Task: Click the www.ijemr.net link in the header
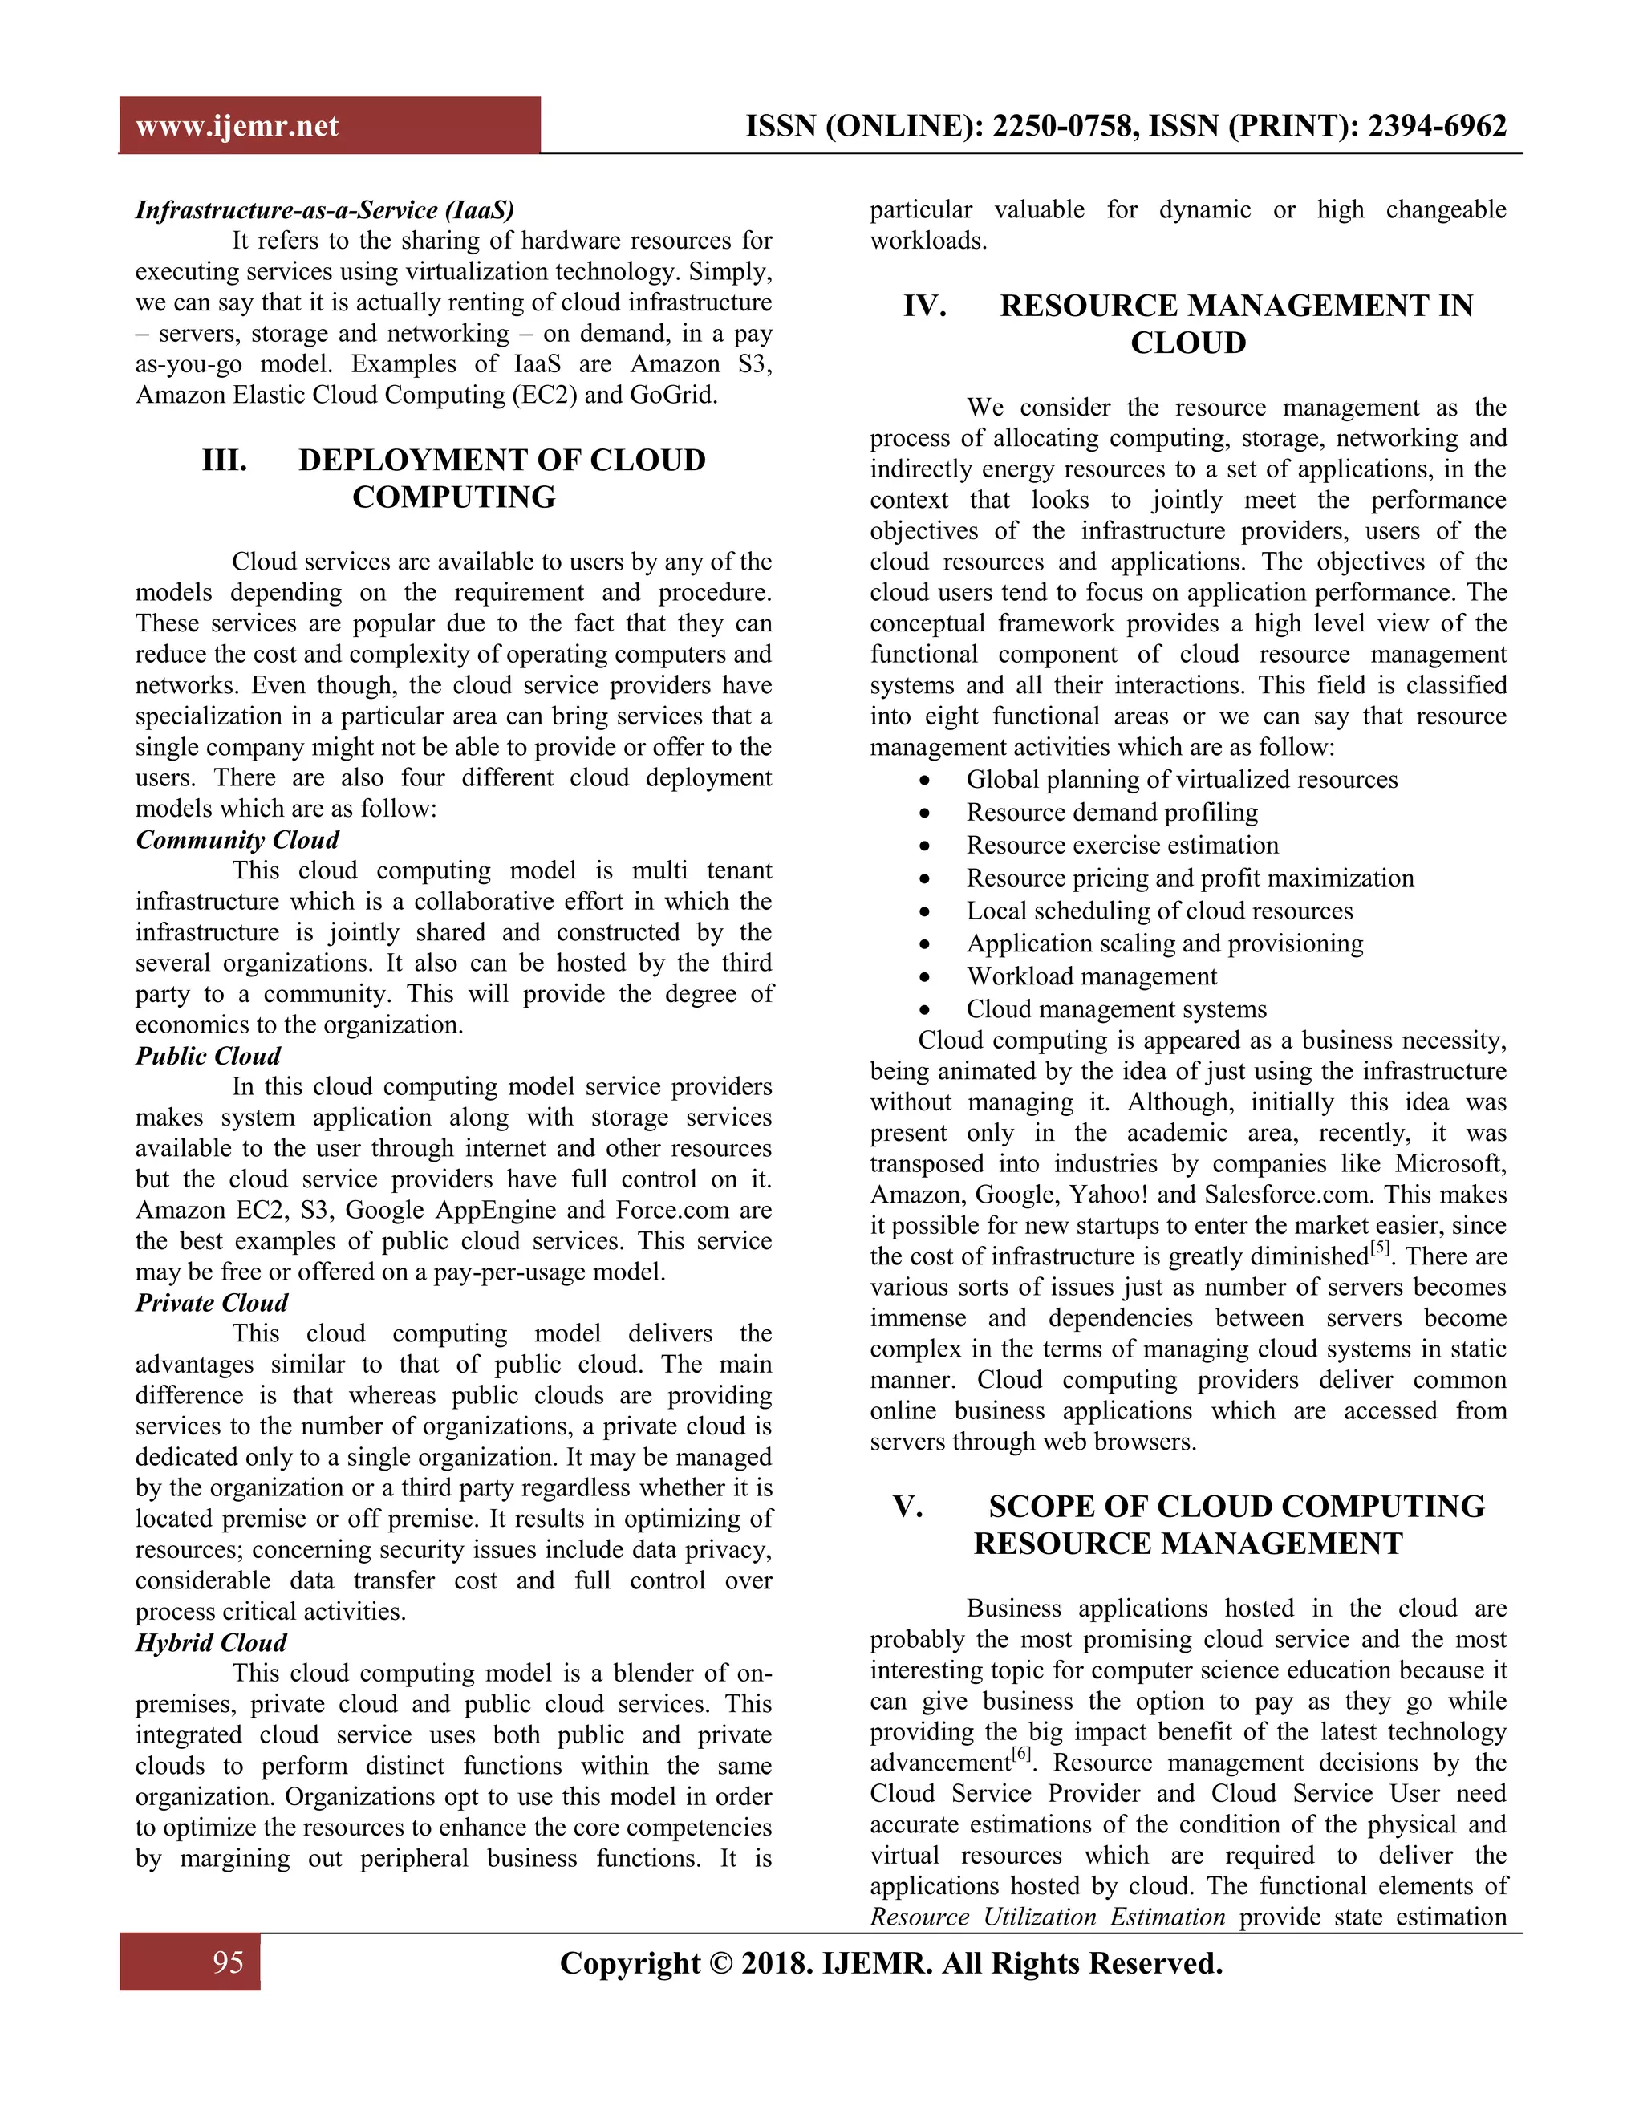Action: pyautogui.click(x=237, y=126)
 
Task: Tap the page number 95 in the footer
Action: pyautogui.click(x=228, y=1962)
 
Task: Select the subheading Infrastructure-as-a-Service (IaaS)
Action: pyautogui.click(x=324, y=209)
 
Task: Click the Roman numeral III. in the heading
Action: pyautogui.click(x=225, y=460)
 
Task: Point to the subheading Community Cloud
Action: pyautogui.click(x=237, y=839)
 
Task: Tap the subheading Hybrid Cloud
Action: pyautogui.click(x=210, y=1642)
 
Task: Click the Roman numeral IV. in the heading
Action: pyautogui.click(x=925, y=306)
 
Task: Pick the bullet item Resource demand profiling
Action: pyautogui.click(x=1112, y=812)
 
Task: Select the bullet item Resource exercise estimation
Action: pyautogui.click(x=1122, y=845)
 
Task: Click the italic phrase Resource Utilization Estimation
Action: pyautogui.click(x=1047, y=1917)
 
